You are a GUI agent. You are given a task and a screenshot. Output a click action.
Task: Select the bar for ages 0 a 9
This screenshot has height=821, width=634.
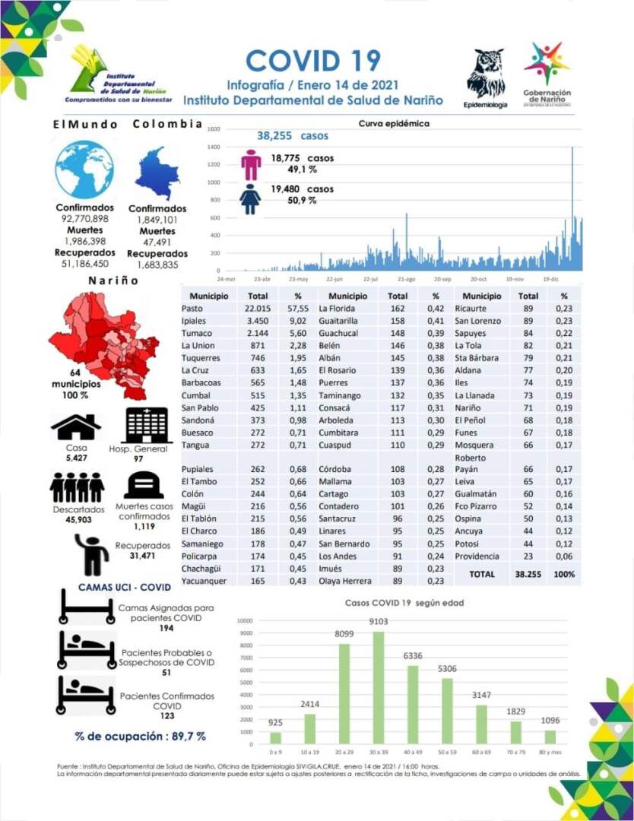[x=275, y=737]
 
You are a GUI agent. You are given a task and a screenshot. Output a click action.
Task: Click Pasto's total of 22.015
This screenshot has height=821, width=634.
[x=258, y=309]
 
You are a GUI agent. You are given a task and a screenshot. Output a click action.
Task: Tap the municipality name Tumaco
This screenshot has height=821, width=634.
[x=196, y=333]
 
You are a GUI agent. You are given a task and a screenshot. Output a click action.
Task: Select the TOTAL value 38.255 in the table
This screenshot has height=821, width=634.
[x=528, y=575]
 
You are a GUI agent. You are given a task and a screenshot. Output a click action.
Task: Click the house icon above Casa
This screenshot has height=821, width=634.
[x=75, y=428]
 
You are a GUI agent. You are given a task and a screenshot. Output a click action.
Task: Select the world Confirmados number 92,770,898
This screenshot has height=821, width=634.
[x=84, y=219]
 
